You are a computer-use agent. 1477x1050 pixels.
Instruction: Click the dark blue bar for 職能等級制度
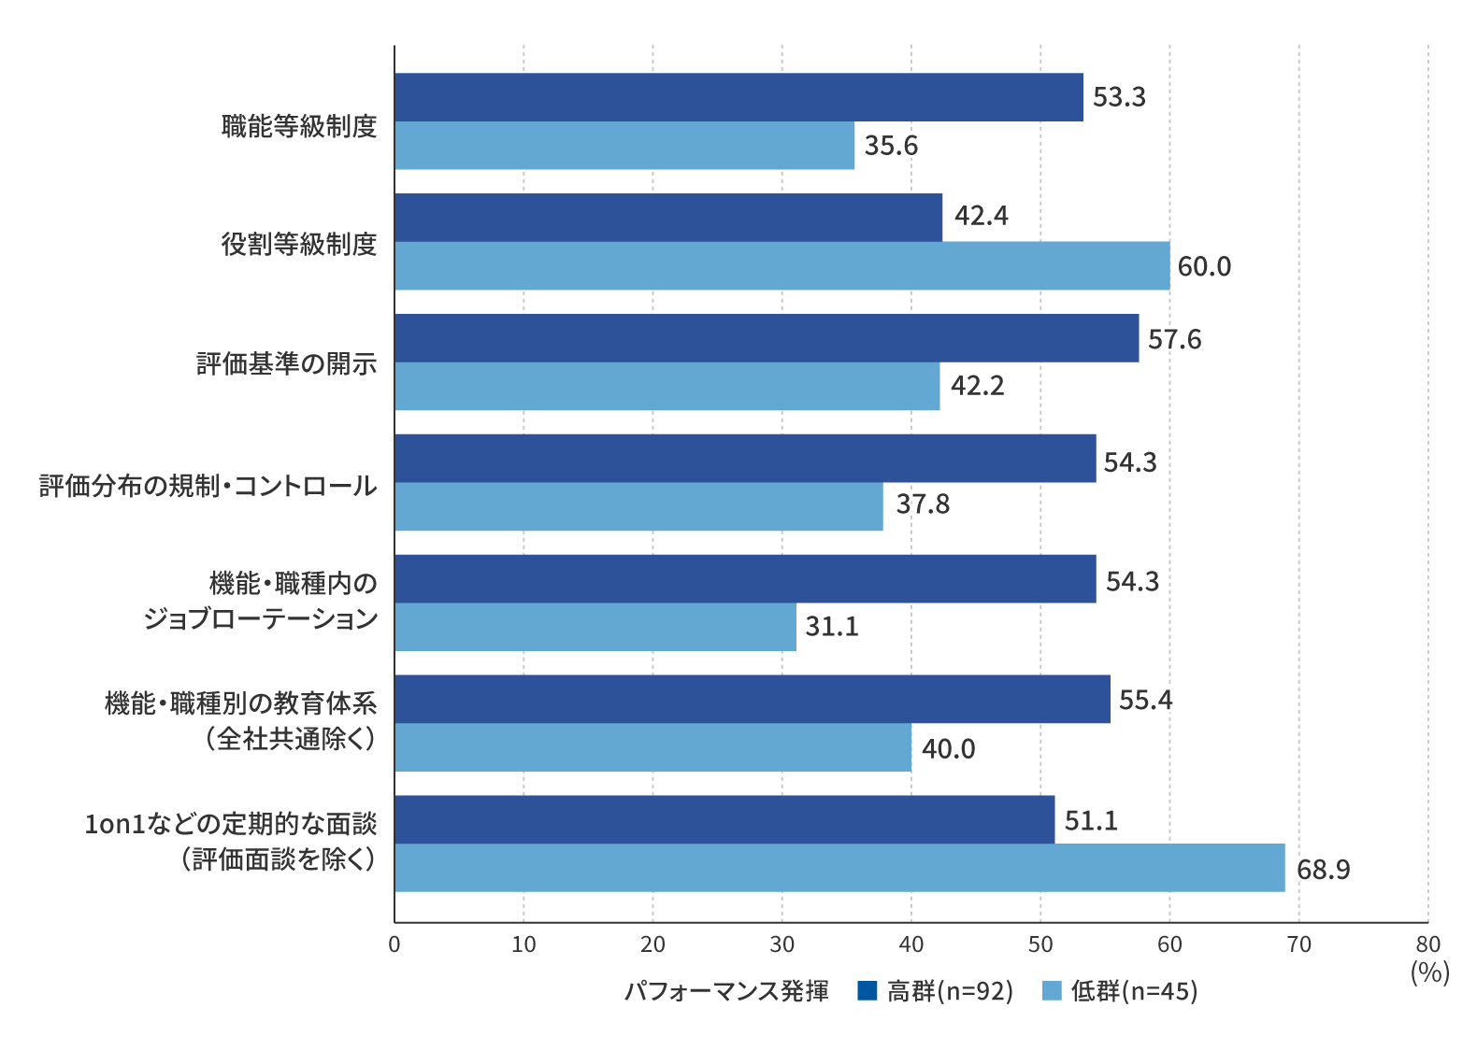point(738,97)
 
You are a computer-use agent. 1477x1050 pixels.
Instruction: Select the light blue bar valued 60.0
point(782,266)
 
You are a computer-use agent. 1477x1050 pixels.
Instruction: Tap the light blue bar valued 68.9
point(839,868)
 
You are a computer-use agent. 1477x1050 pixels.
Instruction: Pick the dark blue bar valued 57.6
point(767,338)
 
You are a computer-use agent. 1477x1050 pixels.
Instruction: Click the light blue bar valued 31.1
point(595,627)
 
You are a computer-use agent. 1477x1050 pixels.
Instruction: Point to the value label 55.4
point(1145,700)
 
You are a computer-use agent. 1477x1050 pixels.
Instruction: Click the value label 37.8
point(923,504)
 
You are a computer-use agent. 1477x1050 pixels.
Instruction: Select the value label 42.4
point(982,216)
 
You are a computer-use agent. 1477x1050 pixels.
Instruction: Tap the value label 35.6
point(891,146)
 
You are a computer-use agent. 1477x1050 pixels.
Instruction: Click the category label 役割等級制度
point(299,245)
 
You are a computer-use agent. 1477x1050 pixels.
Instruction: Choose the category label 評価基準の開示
point(287,364)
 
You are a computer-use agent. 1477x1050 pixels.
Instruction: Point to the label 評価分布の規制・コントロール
point(208,486)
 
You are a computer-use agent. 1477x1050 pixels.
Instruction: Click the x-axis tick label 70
point(1298,944)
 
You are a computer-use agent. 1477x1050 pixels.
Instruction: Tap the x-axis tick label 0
point(394,944)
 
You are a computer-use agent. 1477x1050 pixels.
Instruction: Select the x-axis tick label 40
point(911,944)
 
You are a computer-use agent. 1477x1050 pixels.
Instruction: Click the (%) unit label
point(1429,972)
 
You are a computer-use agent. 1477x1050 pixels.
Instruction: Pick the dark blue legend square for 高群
point(867,990)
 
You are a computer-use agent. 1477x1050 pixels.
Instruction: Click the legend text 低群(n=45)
point(1134,991)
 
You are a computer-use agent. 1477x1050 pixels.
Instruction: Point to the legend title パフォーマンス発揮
point(726,991)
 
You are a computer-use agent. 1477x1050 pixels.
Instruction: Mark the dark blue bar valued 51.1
point(724,819)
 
